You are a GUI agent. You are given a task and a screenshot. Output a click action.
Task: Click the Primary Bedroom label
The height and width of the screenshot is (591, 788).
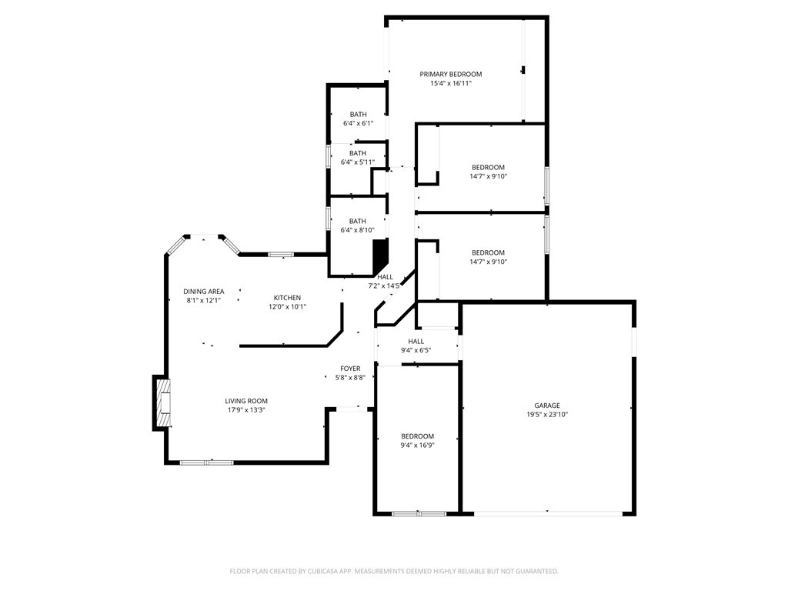450,74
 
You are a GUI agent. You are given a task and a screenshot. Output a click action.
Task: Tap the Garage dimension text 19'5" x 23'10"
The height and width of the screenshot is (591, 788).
547,414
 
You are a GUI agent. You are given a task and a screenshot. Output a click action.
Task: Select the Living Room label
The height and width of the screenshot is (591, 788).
246,401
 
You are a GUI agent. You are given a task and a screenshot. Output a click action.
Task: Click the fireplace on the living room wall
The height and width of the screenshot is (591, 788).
162,402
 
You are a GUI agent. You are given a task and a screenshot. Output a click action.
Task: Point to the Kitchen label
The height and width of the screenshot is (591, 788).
287,298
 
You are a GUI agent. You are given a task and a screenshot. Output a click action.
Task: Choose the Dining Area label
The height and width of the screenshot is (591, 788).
204,291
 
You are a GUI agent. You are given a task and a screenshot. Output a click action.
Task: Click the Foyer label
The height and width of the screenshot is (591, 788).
350,369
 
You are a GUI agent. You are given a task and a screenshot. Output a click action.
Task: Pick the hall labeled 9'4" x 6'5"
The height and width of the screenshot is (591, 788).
416,342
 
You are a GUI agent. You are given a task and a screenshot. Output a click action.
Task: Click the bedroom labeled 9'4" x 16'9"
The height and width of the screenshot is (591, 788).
417,436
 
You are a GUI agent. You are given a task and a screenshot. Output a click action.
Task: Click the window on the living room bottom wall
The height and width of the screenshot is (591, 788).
206,462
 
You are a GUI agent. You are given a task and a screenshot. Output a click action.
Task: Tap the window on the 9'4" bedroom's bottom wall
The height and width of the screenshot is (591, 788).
418,513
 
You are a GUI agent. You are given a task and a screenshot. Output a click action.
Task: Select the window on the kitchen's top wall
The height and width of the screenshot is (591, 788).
281,254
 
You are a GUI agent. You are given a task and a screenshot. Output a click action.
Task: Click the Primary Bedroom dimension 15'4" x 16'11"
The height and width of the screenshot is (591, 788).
450,83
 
